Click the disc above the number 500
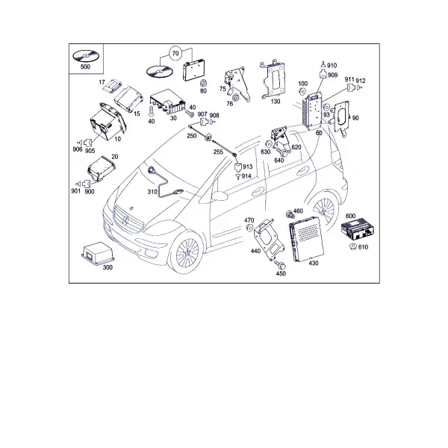click(85, 56)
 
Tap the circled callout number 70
click(175, 54)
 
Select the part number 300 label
click(108, 267)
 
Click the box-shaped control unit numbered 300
click(98, 253)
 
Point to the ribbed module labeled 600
click(358, 230)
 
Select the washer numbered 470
click(249, 228)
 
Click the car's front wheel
click(187, 252)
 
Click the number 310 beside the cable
click(152, 192)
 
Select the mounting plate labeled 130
click(273, 79)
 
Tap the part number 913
click(247, 167)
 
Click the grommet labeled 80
click(203, 83)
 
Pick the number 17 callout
click(102, 82)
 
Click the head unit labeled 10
click(108, 122)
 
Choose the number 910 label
click(332, 66)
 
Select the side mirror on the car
click(220, 196)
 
